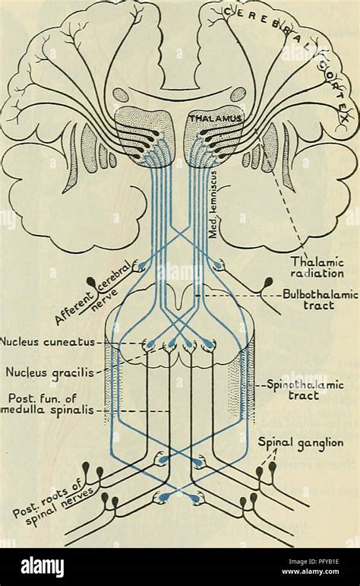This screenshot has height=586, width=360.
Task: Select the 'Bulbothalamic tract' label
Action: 314,297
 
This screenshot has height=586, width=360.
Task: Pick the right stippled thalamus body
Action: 213,141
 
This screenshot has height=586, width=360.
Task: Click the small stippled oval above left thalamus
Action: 120,95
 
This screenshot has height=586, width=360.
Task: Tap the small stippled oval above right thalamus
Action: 238,94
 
